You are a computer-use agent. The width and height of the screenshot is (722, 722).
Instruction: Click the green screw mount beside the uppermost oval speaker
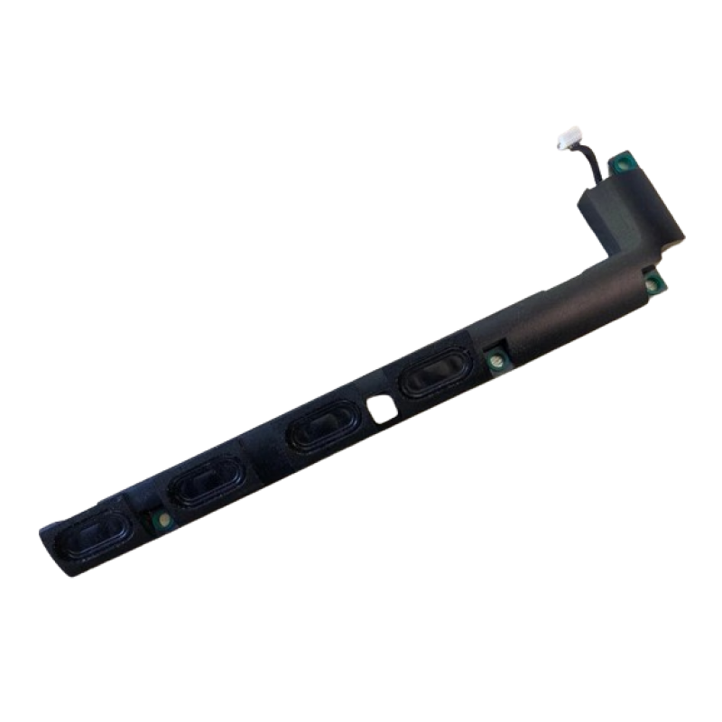[495, 363]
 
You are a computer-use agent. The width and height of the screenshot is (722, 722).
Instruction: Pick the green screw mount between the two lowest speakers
[162, 521]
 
